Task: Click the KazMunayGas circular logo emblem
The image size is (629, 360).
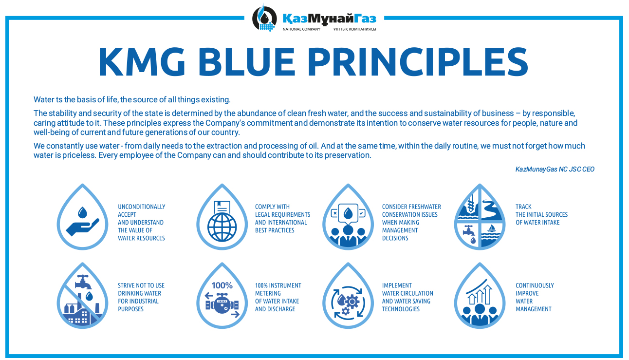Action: (264, 18)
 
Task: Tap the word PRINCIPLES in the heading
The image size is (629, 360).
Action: (418, 62)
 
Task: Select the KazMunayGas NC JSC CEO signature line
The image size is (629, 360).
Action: (555, 169)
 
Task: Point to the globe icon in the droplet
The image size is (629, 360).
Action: (222, 227)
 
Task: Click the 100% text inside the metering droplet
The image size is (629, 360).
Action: (222, 285)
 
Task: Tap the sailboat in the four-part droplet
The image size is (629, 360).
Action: (491, 227)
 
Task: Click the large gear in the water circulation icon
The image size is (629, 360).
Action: (351, 302)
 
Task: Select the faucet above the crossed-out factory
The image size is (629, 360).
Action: (83, 282)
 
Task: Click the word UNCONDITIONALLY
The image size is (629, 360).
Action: (142, 207)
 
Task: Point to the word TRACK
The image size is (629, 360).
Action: (523, 207)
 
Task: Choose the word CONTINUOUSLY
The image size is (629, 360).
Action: (535, 285)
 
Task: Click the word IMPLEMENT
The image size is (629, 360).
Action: (397, 285)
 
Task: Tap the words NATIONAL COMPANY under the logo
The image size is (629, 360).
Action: (301, 29)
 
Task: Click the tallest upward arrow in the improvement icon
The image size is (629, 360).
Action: (487, 295)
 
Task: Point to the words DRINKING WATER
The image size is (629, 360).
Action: (139, 293)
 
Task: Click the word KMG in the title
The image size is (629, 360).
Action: (142, 62)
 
